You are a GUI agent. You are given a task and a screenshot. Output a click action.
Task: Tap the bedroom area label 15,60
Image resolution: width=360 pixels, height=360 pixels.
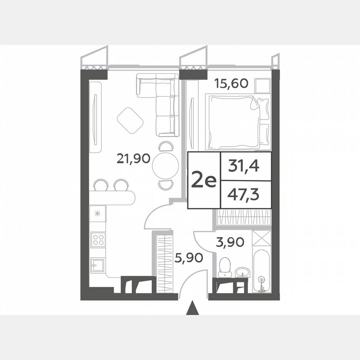click(x=231, y=83)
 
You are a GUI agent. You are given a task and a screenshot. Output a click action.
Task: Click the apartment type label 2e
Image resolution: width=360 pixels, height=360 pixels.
click(x=203, y=180)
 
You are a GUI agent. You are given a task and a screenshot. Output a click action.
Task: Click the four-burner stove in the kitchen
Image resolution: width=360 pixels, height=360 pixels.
click(x=98, y=239)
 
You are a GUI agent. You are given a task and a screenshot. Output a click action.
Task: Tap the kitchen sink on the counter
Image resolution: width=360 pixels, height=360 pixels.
click(x=97, y=264)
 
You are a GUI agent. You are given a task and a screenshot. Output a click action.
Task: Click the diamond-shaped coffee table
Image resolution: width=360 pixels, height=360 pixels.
click(x=130, y=121)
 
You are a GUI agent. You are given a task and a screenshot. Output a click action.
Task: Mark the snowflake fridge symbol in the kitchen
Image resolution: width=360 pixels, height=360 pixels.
click(x=98, y=214)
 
